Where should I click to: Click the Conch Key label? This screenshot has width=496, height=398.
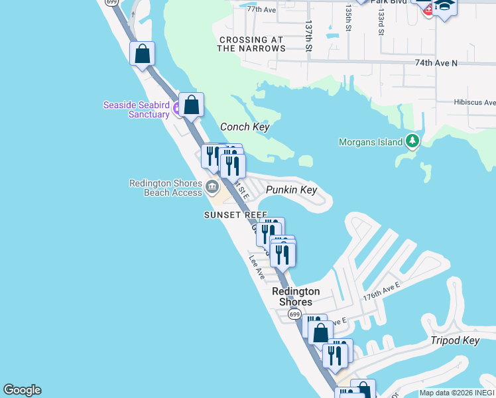pyautogui.click(x=245, y=127)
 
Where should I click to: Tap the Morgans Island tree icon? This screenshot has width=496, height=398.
pyautogui.click(x=412, y=141)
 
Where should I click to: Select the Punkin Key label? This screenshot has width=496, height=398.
pyautogui.click(x=292, y=190)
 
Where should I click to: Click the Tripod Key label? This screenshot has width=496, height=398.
pyautogui.click(x=454, y=340)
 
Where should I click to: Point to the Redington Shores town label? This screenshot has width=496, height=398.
pyautogui.click(x=296, y=297)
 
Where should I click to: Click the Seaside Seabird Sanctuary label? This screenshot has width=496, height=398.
pyautogui.click(x=136, y=109)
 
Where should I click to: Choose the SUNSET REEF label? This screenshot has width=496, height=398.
pyautogui.click(x=235, y=215)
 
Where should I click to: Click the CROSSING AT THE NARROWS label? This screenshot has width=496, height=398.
pyautogui.click(x=251, y=44)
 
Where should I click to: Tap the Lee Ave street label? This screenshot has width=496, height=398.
pyautogui.click(x=257, y=267)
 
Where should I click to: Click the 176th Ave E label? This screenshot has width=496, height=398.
pyautogui.click(x=381, y=291)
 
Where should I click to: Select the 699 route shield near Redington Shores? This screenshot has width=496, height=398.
pyautogui.click(x=295, y=314)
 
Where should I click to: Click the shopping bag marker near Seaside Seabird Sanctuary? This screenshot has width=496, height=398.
pyautogui.click(x=191, y=105)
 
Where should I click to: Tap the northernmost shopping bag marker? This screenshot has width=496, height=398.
pyautogui.click(x=143, y=54)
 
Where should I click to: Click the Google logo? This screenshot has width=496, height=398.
pyautogui.click(x=22, y=390)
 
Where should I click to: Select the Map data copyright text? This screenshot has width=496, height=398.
pyautogui.click(x=456, y=393)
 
